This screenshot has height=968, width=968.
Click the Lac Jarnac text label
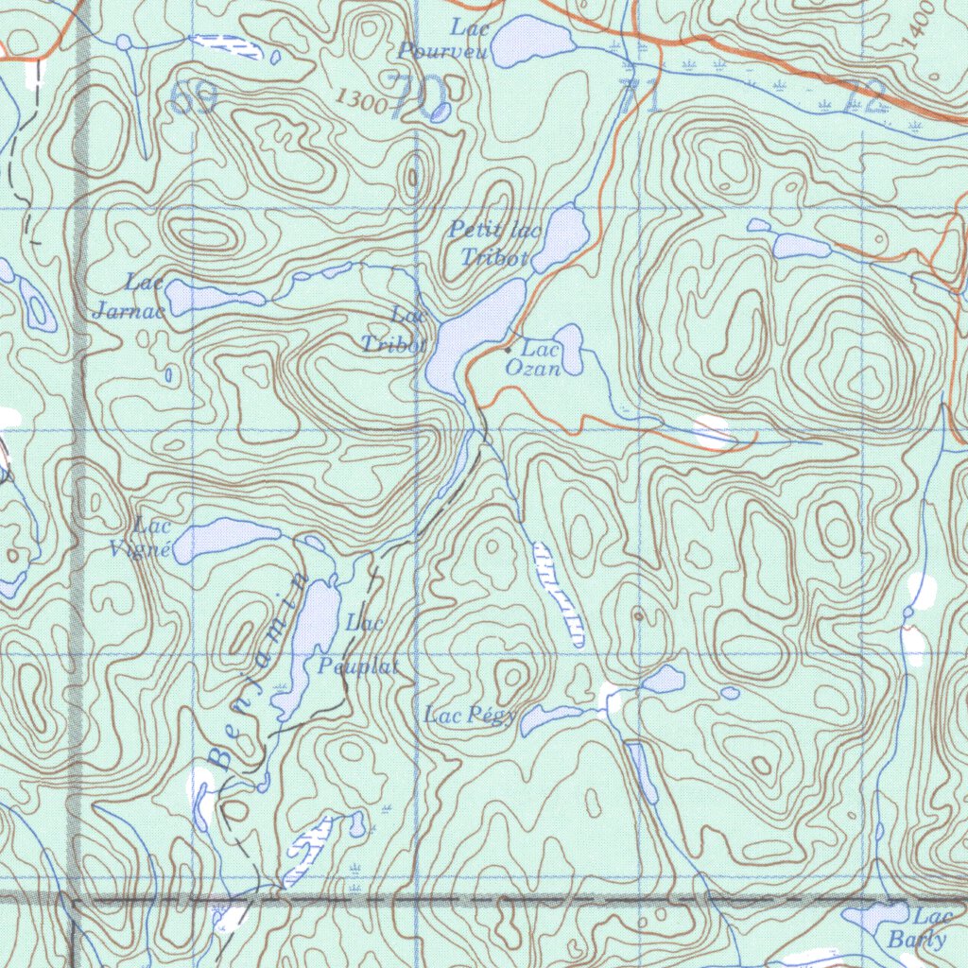pyautogui.click(x=132, y=296)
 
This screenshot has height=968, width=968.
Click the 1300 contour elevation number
pyautogui.click(x=361, y=100)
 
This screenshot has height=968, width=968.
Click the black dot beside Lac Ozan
pyautogui.click(x=508, y=351)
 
